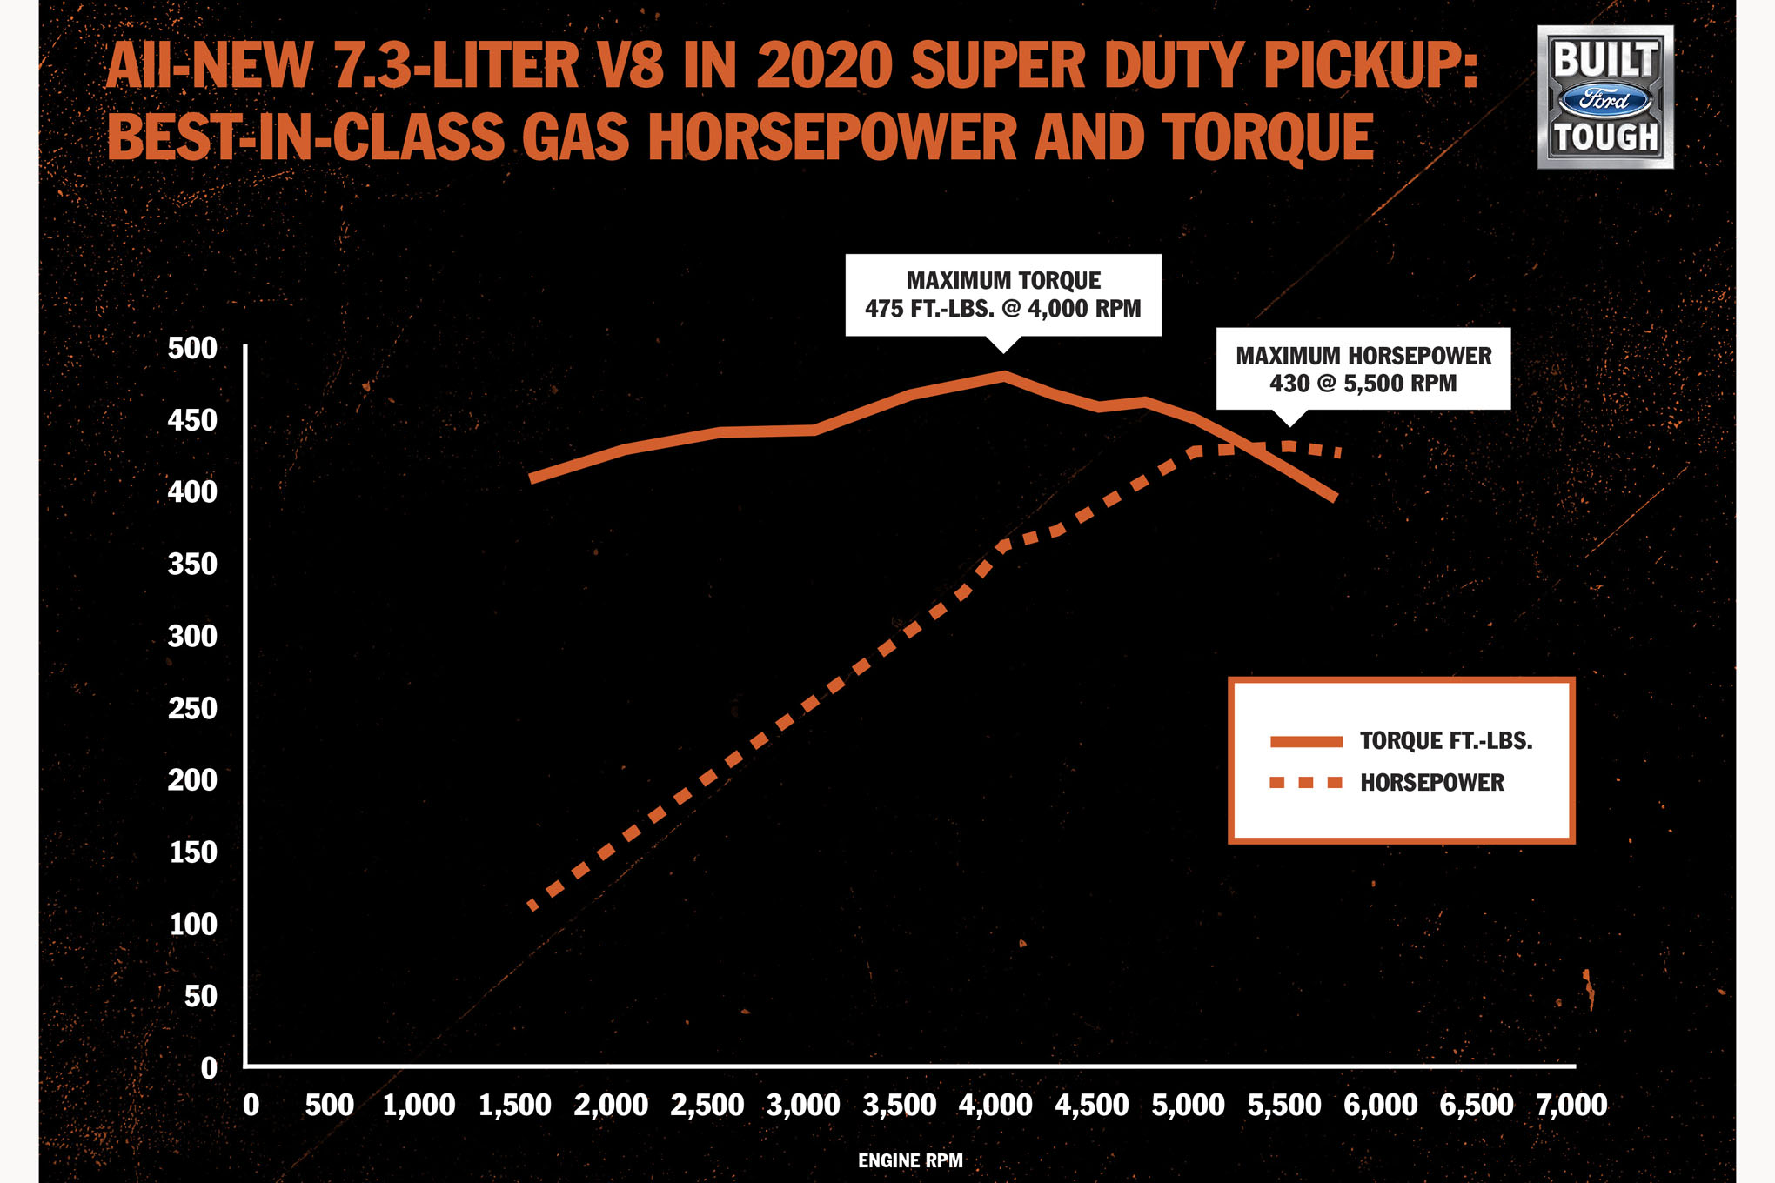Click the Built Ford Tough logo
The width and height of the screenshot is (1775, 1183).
1604,97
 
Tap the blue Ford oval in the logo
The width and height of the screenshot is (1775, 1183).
1604,101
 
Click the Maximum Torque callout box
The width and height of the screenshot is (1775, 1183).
1002,294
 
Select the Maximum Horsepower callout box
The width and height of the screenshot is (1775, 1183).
1363,369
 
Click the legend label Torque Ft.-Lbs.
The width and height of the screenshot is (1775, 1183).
1445,740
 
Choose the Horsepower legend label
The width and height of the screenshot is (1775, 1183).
1431,782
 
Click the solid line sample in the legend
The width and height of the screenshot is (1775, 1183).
1306,741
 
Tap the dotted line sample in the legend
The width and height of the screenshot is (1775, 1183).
1306,783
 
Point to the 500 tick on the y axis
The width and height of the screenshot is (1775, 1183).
192,348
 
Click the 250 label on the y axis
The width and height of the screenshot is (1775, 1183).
192,708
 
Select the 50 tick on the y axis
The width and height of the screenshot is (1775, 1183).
200,996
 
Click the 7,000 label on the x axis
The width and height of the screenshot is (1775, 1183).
1571,1105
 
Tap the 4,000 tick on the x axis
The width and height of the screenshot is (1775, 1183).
995,1105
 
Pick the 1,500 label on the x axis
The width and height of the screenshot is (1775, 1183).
514,1105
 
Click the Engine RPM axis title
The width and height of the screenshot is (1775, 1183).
910,1160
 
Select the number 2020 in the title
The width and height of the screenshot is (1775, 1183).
824,65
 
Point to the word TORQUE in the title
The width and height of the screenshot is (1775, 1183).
1268,137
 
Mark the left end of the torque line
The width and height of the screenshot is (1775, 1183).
532,478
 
